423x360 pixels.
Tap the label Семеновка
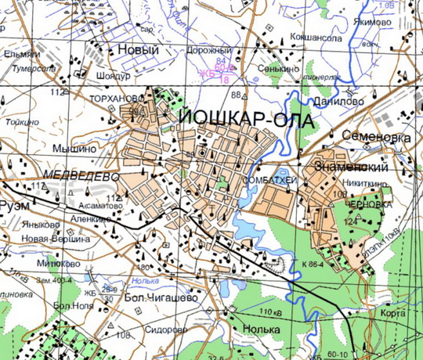(x=381, y=138)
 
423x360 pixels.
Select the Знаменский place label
(x=352, y=167)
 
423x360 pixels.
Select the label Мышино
(x=74, y=147)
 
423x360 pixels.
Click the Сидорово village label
(x=168, y=329)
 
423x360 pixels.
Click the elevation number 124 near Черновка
(x=349, y=221)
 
